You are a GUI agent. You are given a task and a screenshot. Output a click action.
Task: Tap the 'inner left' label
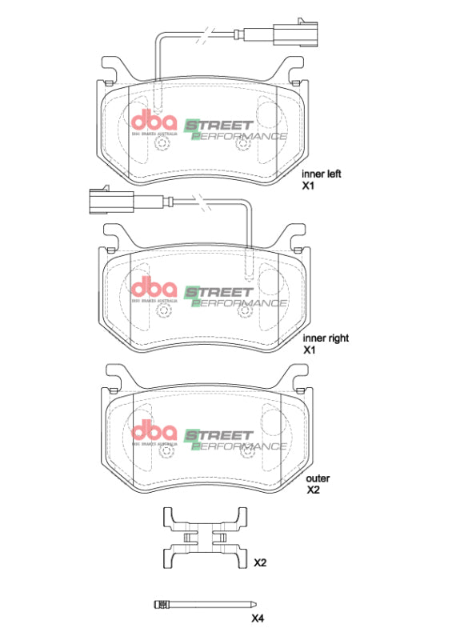[x=322, y=173]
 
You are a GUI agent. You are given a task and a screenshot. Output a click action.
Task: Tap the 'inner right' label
[x=326, y=338]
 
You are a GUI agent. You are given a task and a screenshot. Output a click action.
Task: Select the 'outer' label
[x=318, y=478]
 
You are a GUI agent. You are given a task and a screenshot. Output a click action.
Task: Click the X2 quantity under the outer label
[x=314, y=490]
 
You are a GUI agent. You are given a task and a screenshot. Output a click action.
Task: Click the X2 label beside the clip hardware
[x=260, y=563]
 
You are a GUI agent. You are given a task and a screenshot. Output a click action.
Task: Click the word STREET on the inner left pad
[x=220, y=125]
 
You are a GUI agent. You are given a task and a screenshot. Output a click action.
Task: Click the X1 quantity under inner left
[x=309, y=185]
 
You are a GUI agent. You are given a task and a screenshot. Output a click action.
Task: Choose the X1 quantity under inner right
[x=309, y=350]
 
